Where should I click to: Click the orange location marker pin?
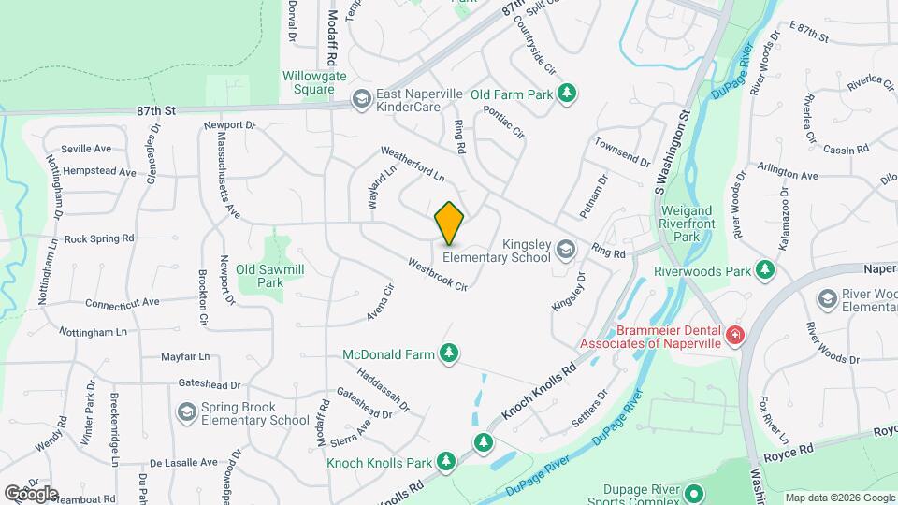pos(449,223)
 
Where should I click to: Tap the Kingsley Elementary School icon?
pos(565,249)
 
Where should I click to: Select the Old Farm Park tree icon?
pos(565,94)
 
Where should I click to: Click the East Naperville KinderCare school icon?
pos(361,99)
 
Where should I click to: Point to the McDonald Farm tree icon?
pos(450,353)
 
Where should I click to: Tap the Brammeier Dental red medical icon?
pos(735,334)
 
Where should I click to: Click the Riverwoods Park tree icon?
pos(766,271)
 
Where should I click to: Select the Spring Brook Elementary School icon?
pos(185,411)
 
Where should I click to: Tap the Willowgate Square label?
pos(308,83)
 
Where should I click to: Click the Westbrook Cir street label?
pos(437,273)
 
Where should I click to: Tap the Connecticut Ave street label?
pos(123,303)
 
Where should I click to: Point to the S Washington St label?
pos(672,150)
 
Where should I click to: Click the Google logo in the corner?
pos(31,494)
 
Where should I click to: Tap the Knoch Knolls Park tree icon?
pos(446,461)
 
